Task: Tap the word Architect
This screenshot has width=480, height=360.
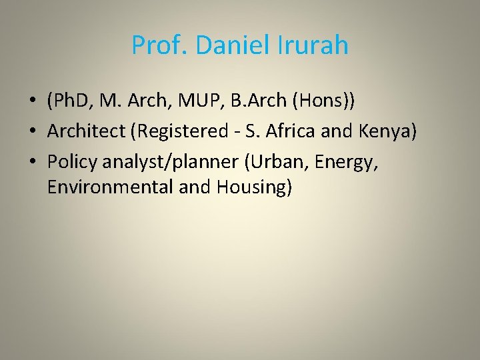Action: tap(88, 131)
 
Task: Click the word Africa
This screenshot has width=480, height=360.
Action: tap(289, 131)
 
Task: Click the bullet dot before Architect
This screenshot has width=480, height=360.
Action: tap(32, 131)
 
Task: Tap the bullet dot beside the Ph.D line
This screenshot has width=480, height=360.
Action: tap(32, 102)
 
